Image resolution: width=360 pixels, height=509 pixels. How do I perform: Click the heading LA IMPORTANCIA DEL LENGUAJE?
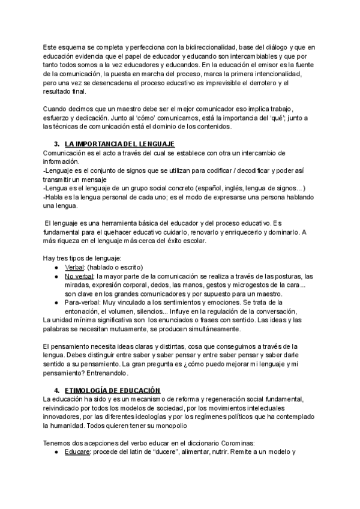[119, 144]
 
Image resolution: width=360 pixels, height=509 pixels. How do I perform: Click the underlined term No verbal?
[79, 276]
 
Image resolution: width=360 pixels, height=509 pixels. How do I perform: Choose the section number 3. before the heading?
[57, 144]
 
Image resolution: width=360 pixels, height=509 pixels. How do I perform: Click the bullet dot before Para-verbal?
[56, 303]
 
